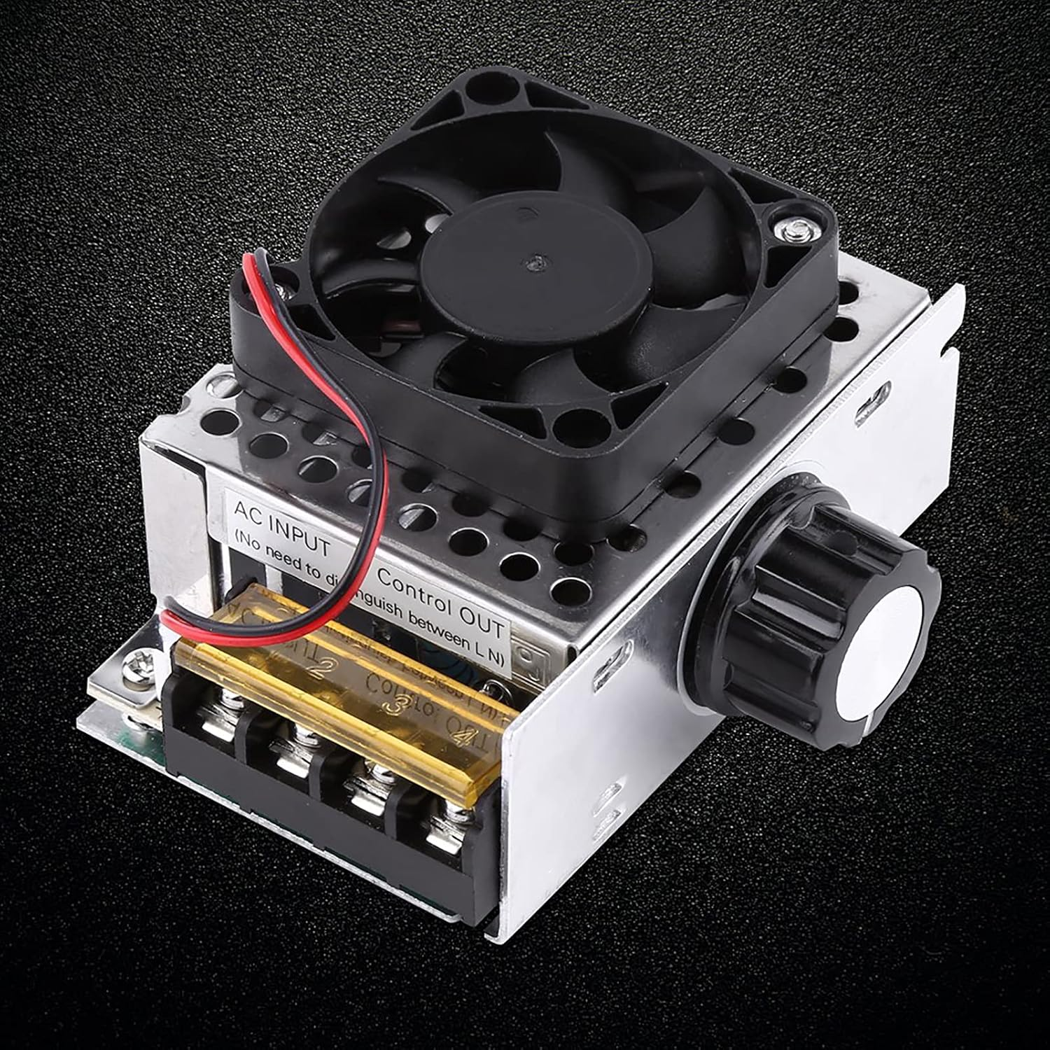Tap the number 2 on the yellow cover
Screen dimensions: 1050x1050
(x=318, y=665)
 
